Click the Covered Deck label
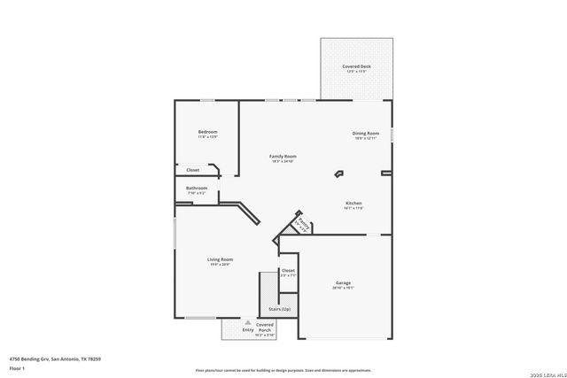(x=357, y=67)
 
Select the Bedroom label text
(x=207, y=132)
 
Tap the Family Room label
(x=283, y=156)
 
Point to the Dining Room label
(x=366, y=134)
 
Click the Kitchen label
(x=353, y=203)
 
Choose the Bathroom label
(x=197, y=188)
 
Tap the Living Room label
(x=220, y=259)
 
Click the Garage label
(x=343, y=282)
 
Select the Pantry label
(x=302, y=223)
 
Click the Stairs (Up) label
(x=280, y=309)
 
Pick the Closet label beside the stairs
(x=288, y=270)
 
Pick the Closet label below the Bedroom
(x=192, y=169)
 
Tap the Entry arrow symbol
(x=235, y=323)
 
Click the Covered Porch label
(x=265, y=330)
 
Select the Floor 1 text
(x=17, y=367)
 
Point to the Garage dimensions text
(x=343, y=288)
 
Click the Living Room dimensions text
(x=220, y=265)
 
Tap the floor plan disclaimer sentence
(x=283, y=368)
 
